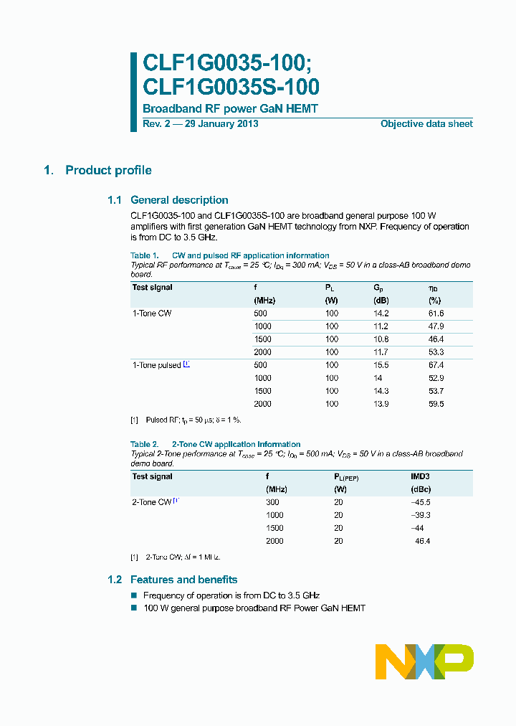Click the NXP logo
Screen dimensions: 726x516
[424, 661]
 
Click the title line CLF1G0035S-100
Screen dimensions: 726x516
[231, 87]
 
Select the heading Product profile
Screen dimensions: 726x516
[108, 170]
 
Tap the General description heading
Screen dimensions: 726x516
[179, 200]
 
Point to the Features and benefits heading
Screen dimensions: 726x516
[183, 580]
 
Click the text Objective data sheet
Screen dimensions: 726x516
[426, 124]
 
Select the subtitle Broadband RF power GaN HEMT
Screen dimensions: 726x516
[230, 109]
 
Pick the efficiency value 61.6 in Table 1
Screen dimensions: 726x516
[436, 313]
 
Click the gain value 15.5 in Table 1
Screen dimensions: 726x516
[381, 365]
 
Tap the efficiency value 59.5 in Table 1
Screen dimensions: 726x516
[436, 404]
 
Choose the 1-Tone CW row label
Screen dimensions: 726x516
[152, 313]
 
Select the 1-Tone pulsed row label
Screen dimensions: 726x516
[157, 365]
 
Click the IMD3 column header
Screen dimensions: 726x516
[420, 476]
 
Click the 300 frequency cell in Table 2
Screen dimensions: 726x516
[272, 502]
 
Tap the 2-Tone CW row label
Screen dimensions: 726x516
[152, 502]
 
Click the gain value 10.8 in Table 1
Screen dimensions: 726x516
[381, 339]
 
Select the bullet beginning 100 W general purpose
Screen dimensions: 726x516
[254, 608]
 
